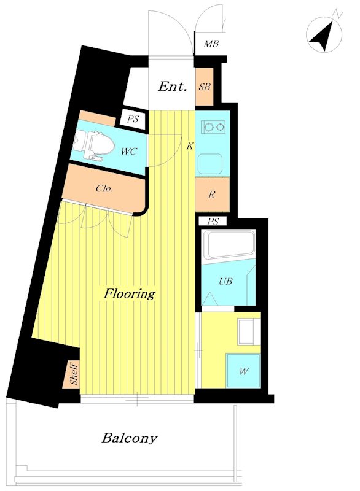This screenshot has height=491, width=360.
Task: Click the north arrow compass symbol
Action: pos(324,35)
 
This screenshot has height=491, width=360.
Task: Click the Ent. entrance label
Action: pos(173,86)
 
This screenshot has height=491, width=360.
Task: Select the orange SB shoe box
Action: pos(205,87)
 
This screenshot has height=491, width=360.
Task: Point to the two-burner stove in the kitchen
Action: pos(214,127)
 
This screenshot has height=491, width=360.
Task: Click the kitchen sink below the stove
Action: pos(210,163)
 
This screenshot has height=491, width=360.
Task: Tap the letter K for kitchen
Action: pos(190,146)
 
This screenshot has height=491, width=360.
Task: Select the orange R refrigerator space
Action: pos(213,195)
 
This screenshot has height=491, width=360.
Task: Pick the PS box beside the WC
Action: pos(133,119)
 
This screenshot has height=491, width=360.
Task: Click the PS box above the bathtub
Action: pos(213,222)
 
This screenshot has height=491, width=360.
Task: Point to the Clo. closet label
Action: pos(104,188)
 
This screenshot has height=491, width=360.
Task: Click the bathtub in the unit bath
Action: pos(228,245)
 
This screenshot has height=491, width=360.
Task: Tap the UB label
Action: pos(225,281)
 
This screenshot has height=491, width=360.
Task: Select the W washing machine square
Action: pos(243,371)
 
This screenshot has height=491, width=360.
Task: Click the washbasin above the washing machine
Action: pos(249,332)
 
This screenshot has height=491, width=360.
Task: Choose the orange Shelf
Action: pos(74,374)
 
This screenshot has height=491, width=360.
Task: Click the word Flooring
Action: pos(130,294)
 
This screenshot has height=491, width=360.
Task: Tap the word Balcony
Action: pos(130,438)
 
